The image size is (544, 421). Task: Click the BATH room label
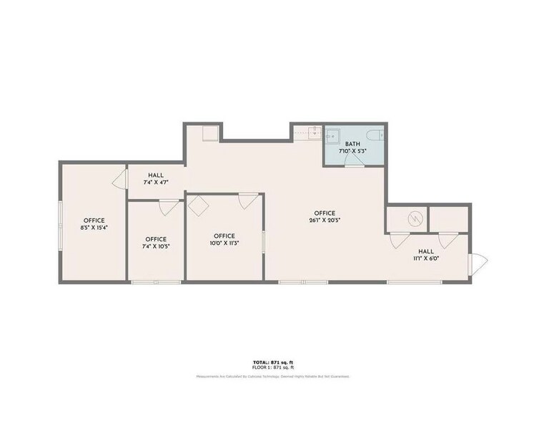(x=352, y=144)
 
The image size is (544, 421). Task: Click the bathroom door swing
(x=353, y=163)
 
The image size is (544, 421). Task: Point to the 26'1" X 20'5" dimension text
(x=325, y=221)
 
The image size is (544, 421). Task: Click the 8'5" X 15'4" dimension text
(x=94, y=228)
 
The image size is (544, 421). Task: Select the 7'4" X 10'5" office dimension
(x=156, y=246)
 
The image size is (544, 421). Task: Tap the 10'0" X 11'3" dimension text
(x=224, y=243)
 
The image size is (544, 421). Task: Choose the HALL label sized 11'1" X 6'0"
(x=426, y=258)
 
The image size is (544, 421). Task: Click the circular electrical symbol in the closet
(x=412, y=218)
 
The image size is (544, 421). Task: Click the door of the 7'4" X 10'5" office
(x=169, y=207)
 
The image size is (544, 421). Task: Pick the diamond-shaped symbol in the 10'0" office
(x=198, y=206)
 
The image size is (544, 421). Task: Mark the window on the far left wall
(x=59, y=222)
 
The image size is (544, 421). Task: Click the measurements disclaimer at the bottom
(x=272, y=376)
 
